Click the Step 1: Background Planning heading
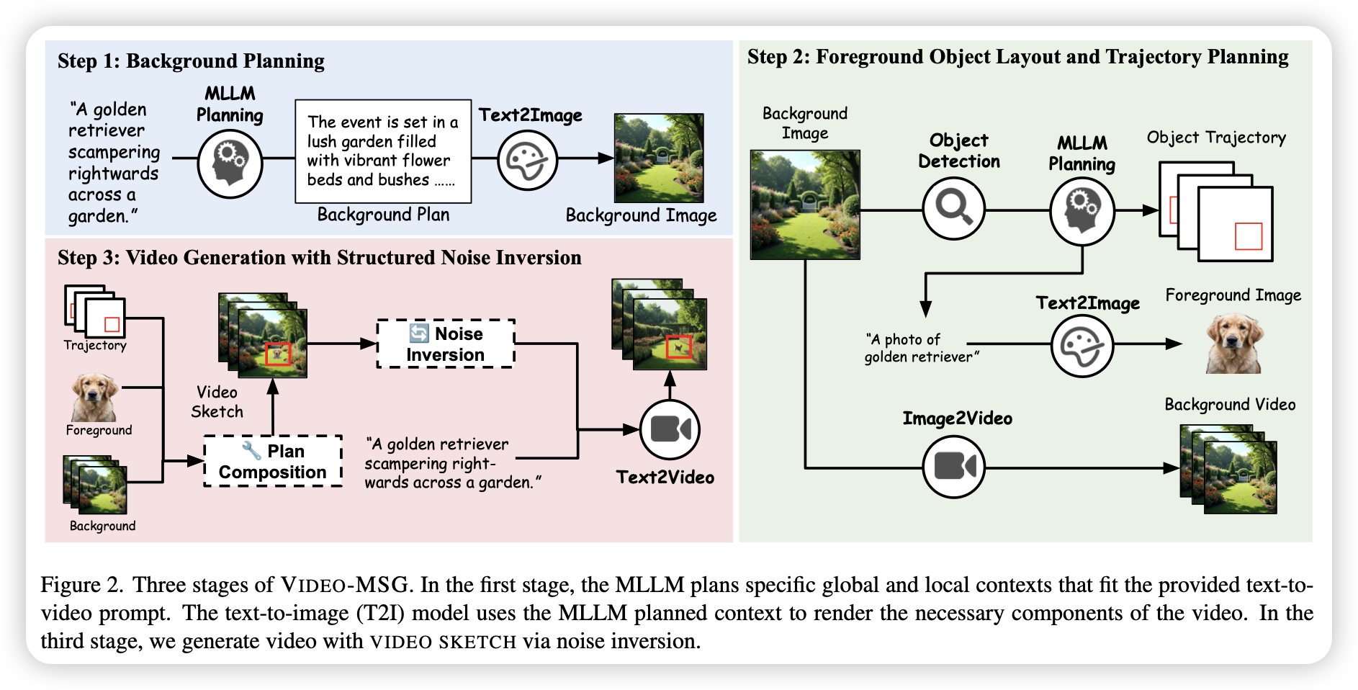191,61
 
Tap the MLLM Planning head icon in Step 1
230,164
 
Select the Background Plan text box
383,151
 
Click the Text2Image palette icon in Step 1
528,159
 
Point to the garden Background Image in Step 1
659,158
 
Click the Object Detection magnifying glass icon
954,209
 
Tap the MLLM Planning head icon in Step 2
1082,211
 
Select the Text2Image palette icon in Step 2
1082,346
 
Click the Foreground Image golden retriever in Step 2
1234,344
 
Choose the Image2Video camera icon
954,467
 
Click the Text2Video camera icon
670,430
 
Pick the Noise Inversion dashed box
446,344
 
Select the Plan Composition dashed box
273,461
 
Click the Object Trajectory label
1216,138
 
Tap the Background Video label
1230,405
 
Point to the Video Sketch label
217,402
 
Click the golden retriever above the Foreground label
94,397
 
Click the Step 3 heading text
320,258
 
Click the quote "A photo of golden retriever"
922,348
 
